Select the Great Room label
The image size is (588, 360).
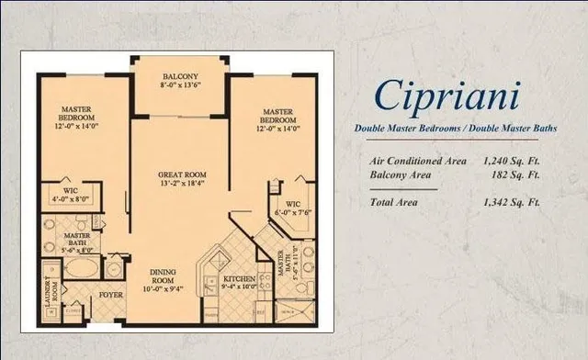[x=181, y=174]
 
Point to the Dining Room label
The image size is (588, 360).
[x=169, y=276]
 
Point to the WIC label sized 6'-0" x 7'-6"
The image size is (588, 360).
[x=292, y=202]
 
